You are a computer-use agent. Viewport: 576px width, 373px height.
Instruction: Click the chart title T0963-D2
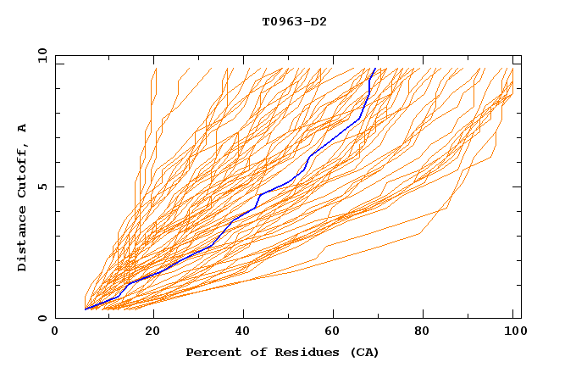(x=294, y=21)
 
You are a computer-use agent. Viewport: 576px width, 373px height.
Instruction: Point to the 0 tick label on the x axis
(x=55, y=332)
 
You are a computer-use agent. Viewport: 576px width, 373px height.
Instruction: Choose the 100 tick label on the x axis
(x=512, y=332)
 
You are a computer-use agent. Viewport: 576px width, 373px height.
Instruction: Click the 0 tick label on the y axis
(x=42, y=318)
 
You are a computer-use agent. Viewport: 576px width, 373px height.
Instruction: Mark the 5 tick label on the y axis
(x=42, y=186)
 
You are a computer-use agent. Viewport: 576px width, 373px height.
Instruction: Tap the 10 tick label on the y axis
(x=40, y=55)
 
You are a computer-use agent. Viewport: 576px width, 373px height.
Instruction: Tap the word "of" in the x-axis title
(x=246, y=353)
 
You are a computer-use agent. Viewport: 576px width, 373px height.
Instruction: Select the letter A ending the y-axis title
(x=23, y=129)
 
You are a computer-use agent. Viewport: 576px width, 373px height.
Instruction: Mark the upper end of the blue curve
(x=375, y=67)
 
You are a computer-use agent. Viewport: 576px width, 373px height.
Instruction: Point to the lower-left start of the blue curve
(x=86, y=309)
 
